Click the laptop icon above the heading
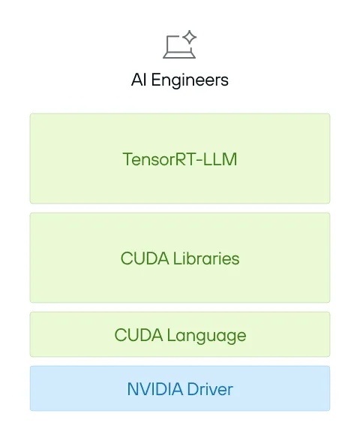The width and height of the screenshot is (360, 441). (x=179, y=44)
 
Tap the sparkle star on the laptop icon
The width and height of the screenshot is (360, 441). (x=190, y=37)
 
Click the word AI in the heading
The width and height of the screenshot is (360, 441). (x=139, y=80)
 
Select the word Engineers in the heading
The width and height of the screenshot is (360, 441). (x=190, y=81)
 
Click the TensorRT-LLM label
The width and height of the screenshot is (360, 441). (x=180, y=159)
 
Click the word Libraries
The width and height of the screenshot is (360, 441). (x=206, y=258)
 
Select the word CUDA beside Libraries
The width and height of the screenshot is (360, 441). (x=145, y=258)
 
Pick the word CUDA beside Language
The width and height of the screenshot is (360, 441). (x=139, y=335)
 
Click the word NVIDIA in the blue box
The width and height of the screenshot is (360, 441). (x=154, y=389)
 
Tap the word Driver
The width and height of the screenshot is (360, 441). (x=210, y=389)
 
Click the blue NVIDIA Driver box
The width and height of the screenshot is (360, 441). (x=180, y=388)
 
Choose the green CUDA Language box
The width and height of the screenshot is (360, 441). (x=180, y=334)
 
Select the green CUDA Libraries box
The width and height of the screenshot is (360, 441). (x=180, y=258)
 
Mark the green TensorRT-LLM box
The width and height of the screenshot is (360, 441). (x=180, y=159)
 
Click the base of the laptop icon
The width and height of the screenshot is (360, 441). (x=179, y=56)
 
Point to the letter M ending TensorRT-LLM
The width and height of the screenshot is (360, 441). (x=230, y=159)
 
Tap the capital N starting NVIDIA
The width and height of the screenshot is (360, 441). (x=133, y=389)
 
